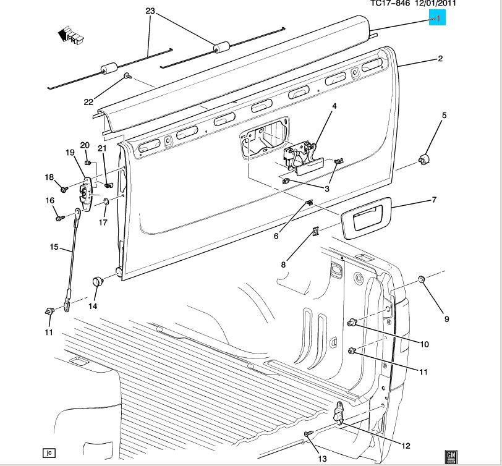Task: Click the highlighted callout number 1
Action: click(x=438, y=19)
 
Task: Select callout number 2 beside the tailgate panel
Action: click(x=440, y=59)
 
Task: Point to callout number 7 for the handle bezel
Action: click(x=434, y=200)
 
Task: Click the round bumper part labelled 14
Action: click(x=96, y=282)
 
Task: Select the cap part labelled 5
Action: click(x=424, y=161)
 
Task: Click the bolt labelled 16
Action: click(x=59, y=218)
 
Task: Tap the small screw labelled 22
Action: click(x=126, y=76)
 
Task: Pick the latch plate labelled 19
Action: click(x=87, y=193)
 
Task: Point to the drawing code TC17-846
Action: click(x=391, y=3)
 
